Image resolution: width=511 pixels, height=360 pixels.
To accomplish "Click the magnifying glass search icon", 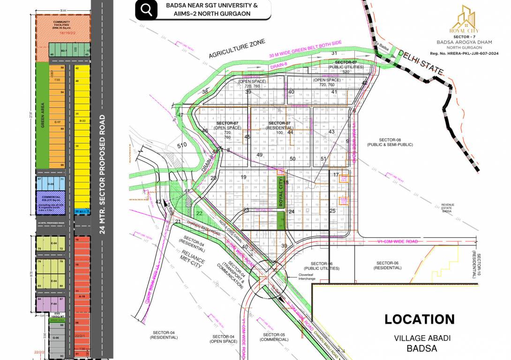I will [146, 10].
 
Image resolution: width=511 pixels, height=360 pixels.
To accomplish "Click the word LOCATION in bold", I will [420, 320].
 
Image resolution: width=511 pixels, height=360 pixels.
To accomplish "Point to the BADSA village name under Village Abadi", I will [422, 348].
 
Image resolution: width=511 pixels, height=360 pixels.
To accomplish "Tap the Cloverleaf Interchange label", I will [307, 277].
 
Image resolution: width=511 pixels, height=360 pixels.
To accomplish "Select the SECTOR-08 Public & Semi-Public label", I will [390, 142].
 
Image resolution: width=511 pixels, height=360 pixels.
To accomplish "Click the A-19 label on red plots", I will [82, 296].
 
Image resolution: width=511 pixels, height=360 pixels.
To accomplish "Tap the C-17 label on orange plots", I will [57, 122].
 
